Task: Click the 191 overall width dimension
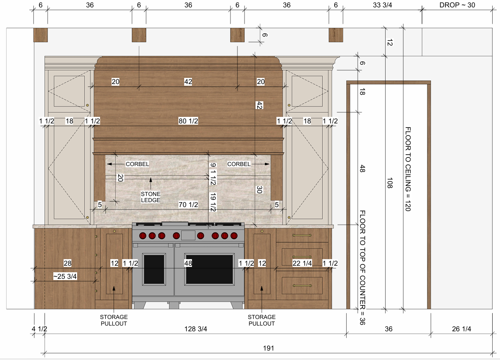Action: [x=268, y=348]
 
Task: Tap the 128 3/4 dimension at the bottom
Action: [x=196, y=329]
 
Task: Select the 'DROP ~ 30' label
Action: [x=457, y=5]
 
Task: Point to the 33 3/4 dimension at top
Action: [x=382, y=5]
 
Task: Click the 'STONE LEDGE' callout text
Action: [x=151, y=197]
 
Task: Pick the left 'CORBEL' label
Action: [x=137, y=164]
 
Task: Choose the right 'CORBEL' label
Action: [x=239, y=164]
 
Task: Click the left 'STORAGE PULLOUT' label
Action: [x=114, y=320]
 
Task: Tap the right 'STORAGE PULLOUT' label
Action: [x=262, y=320]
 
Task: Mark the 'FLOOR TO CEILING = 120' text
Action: [x=408, y=169]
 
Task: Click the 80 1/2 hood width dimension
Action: [x=188, y=121]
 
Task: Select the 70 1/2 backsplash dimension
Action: [x=188, y=205]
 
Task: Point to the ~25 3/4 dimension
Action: [x=65, y=276]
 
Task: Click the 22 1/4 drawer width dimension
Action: [x=302, y=263]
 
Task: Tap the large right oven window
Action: [x=209, y=269]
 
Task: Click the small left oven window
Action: [x=154, y=269]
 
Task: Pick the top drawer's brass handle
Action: [x=302, y=235]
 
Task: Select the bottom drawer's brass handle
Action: [x=302, y=286]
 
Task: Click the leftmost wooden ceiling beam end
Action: [x=40, y=35]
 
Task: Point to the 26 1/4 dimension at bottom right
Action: [x=461, y=329]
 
